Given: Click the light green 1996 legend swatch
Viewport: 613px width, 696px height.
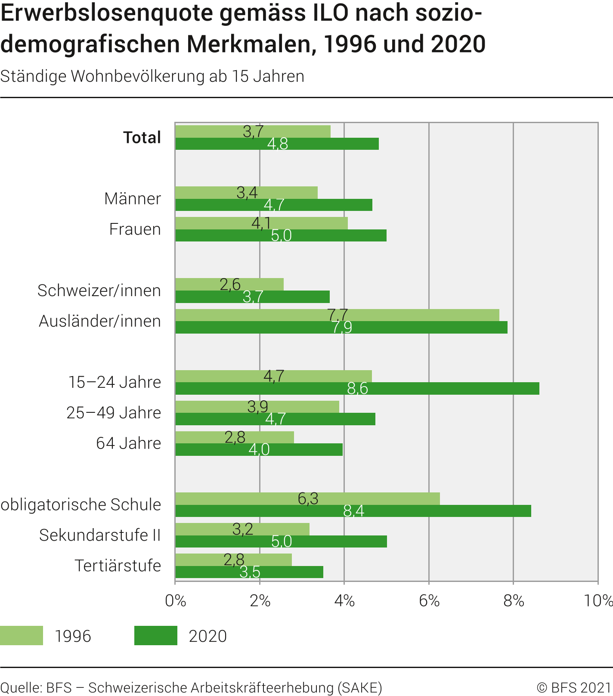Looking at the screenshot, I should click(x=22, y=636).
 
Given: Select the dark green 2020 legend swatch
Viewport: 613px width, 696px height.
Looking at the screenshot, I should click(x=156, y=636).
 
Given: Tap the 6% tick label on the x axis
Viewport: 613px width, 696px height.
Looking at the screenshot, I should click(x=429, y=600).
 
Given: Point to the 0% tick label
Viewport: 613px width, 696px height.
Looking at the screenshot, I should click(x=176, y=600).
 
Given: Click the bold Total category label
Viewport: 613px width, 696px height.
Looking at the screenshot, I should click(x=142, y=138).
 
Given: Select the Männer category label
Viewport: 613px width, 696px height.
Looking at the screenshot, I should click(x=133, y=199).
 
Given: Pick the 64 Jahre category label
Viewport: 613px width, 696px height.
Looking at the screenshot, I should click(x=128, y=443).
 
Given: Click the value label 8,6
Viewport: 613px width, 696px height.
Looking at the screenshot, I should click(x=357, y=389).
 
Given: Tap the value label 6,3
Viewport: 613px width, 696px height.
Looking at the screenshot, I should click(x=308, y=498).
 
